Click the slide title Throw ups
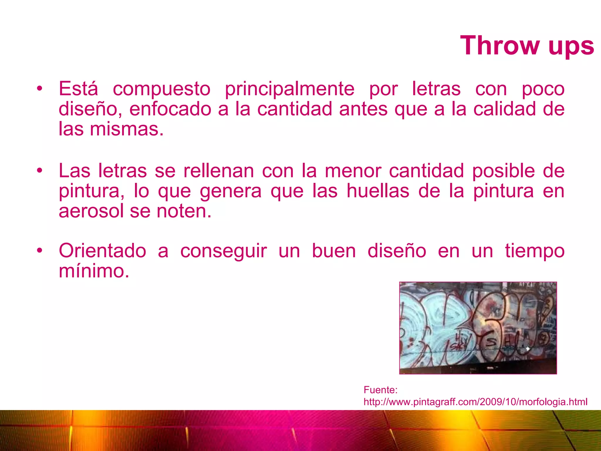[527, 46]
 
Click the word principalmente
[290, 89]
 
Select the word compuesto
[162, 89]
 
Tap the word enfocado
[170, 109]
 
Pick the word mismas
[126, 129]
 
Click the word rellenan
[219, 171]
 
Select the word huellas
[378, 191]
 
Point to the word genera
[231, 191]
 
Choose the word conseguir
[224, 251]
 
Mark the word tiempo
[535, 251]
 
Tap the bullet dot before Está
[40, 88]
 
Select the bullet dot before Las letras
[40, 170]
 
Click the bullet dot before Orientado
[40, 250]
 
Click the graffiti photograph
[478, 328]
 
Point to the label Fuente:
[380, 390]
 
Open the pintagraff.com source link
[475, 402]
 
